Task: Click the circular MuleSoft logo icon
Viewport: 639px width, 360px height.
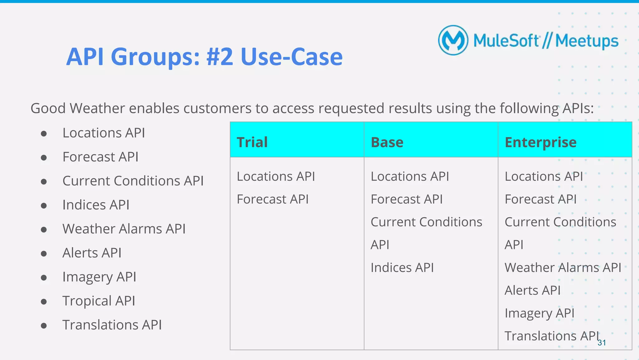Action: (x=453, y=40)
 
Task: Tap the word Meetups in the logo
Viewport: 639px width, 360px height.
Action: (x=587, y=41)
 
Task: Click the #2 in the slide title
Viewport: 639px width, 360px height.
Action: (x=219, y=57)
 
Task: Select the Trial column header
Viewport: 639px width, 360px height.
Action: (x=252, y=142)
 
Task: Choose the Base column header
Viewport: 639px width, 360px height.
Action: (x=387, y=142)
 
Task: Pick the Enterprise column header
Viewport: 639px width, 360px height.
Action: (x=540, y=142)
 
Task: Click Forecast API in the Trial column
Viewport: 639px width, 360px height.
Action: (x=273, y=199)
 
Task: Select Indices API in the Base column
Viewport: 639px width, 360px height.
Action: (x=402, y=268)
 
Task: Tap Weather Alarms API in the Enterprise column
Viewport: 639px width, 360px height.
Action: (x=563, y=268)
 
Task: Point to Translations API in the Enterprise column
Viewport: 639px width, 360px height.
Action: (x=552, y=336)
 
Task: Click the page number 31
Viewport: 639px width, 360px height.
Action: (x=602, y=343)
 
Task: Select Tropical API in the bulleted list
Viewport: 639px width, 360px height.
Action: (x=99, y=301)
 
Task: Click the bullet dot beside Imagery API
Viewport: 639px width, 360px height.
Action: (x=44, y=278)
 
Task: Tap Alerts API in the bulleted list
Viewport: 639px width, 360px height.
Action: (x=92, y=253)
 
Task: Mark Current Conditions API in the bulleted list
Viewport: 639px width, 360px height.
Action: (x=133, y=181)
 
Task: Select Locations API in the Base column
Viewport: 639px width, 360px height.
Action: (x=410, y=176)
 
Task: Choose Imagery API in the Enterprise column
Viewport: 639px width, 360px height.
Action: (x=539, y=313)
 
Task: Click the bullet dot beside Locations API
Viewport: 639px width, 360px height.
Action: (x=44, y=134)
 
